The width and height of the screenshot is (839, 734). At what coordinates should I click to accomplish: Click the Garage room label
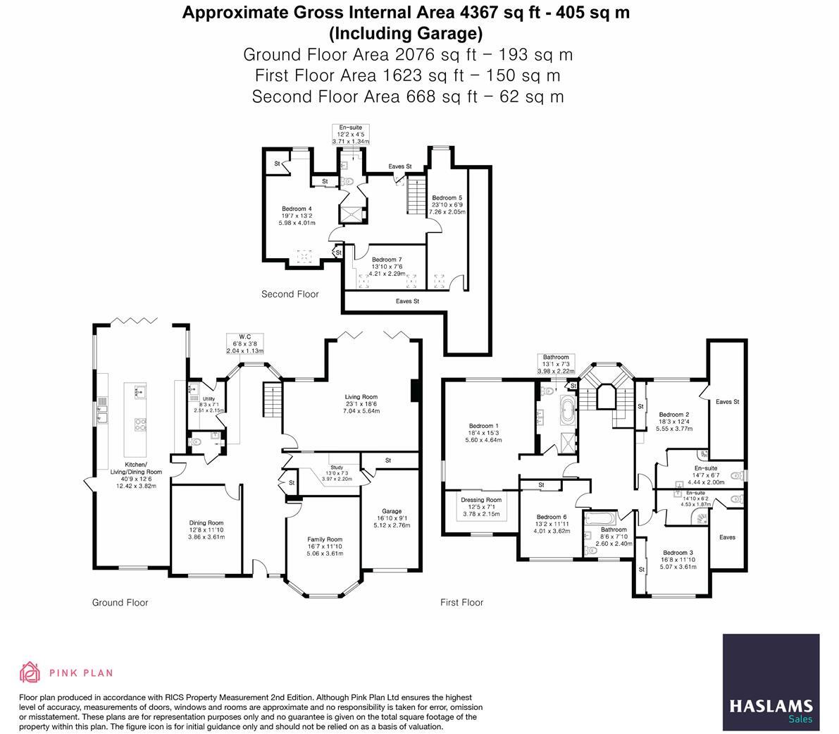click(x=391, y=511)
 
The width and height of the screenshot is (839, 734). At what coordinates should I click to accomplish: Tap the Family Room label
click(x=325, y=539)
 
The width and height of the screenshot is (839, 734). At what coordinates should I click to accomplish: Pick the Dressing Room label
click(x=481, y=500)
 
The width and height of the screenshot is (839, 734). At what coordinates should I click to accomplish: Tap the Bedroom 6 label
click(x=551, y=517)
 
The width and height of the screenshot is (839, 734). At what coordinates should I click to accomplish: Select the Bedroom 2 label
click(x=673, y=415)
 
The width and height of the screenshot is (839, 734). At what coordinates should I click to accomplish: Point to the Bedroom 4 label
click(x=297, y=209)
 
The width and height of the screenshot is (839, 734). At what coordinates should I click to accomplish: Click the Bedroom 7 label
click(x=387, y=259)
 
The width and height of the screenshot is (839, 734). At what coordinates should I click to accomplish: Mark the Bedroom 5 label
click(x=447, y=197)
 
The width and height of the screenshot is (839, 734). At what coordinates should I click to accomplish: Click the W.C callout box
click(x=244, y=343)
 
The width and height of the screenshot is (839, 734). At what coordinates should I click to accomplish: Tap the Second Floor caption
click(x=290, y=294)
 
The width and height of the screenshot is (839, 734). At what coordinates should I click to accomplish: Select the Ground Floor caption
click(x=120, y=602)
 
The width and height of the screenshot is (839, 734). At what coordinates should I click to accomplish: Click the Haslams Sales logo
click(x=771, y=679)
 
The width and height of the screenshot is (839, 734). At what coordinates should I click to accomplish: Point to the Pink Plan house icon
click(x=29, y=673)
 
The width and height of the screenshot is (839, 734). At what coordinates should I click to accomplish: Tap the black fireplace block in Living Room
click(x=416, y=390)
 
